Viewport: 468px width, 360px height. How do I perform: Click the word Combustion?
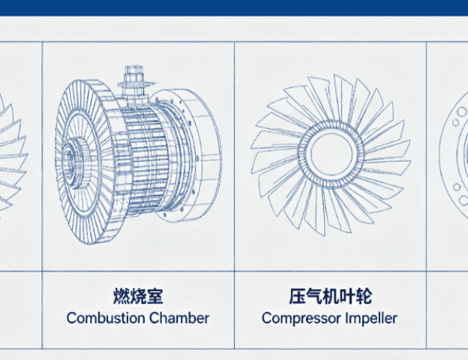coord(106,318)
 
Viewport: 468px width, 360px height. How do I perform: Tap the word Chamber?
coord(179,318)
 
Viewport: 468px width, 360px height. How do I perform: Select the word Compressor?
coord(302,319)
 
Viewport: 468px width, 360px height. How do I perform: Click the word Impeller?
coord(372,319)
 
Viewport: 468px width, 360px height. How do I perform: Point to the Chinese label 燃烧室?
coord(138,296)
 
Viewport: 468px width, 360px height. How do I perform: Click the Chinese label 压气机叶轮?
coord(330,296)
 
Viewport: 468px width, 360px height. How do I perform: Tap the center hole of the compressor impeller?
coord(331,154)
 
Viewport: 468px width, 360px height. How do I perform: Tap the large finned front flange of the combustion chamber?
coord(86,161)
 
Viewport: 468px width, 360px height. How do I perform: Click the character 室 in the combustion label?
coord(155,296)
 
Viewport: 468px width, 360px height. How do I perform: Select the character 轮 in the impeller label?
coord(364,296)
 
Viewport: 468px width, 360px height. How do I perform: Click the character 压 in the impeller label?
coord(297,296)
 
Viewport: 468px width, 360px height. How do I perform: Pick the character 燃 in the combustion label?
coord(121,296)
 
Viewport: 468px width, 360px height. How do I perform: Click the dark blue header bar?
coord(234,8)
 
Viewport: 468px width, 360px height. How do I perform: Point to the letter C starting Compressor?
coord(266,318)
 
